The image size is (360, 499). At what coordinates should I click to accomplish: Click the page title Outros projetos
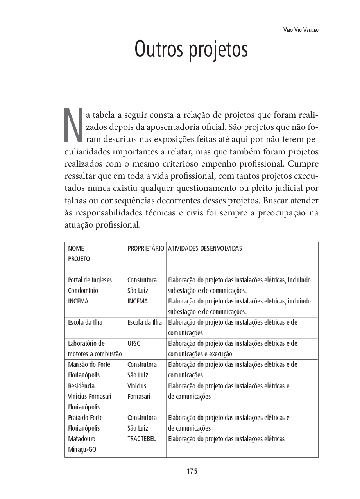(191, 50)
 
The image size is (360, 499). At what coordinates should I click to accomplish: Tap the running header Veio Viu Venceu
(301, 30)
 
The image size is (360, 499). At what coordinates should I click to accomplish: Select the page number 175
(192, 471)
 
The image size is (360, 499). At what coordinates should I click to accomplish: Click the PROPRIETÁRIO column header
(145, 248)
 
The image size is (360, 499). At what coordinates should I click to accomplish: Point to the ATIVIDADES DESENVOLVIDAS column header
(205, 248)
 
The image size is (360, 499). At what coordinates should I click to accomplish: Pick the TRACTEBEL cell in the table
(141, 439)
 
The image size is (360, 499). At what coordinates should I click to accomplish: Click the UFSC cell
(134, 343)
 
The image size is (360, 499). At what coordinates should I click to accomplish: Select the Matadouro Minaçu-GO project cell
(82, 444)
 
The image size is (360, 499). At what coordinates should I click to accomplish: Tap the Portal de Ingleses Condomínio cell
(90, 285)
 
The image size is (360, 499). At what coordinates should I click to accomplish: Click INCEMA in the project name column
(78, 301)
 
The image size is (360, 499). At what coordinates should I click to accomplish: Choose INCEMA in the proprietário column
(138, 301)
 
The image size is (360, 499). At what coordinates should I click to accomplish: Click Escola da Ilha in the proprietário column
(145, 322)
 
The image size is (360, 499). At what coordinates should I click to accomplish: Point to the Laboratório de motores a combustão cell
(95, 349)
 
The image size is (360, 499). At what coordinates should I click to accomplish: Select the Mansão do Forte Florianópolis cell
(89, 370)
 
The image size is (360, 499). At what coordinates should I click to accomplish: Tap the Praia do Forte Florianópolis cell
(85, 423)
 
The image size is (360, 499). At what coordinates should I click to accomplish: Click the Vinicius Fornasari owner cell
(139, 391)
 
